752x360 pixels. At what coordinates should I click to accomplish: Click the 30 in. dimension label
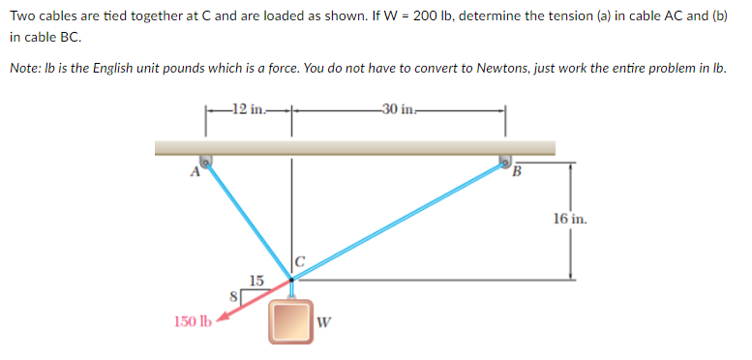pos(397,107)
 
